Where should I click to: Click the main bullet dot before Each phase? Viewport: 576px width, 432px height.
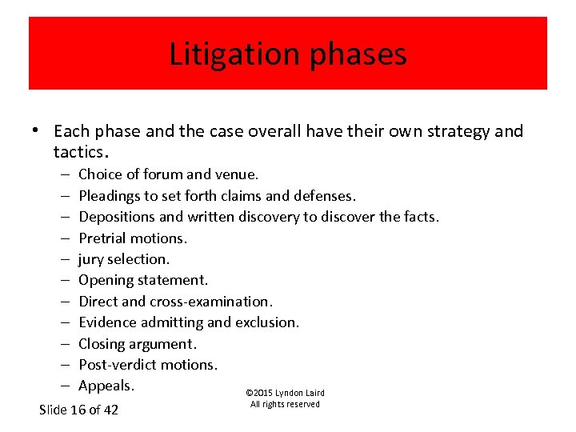tap(38, 131)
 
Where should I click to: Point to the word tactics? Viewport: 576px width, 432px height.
tap(78, 152)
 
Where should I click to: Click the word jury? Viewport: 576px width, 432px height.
tap(91, 259)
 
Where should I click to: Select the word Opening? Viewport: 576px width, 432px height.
tap(106, 280)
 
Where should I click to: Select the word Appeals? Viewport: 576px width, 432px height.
tap(106, 386)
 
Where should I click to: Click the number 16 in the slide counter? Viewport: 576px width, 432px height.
tap(78, 410)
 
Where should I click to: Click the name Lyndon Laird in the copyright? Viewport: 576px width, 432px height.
tap(300, 393)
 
